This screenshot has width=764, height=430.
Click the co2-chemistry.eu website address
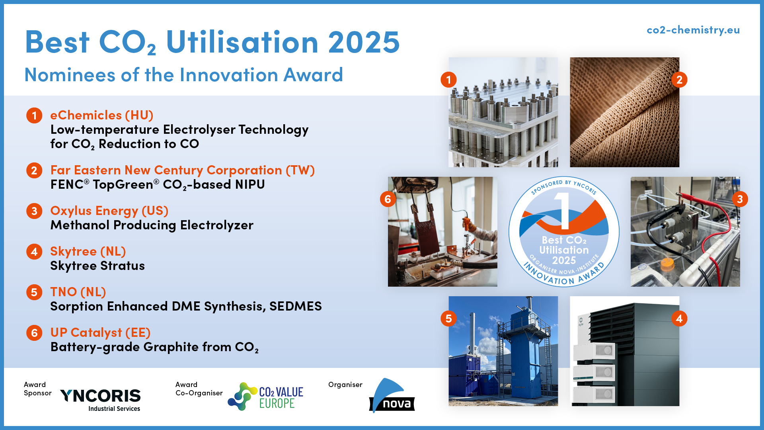pos(693,30)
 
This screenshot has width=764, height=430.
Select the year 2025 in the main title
pos(364,42)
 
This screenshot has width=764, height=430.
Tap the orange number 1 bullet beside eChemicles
pos(34,115)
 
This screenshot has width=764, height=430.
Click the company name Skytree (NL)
pos(88,251)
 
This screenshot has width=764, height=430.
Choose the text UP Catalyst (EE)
pos(100,332)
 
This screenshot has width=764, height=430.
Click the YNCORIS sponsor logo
pos(100,400)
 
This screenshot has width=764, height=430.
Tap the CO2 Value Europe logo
pos(265,396)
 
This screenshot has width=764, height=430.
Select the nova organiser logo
pos(392,395)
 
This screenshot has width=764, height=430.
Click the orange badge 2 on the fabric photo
pos(679,80)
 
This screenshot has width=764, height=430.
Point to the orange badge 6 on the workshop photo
pos(388,199)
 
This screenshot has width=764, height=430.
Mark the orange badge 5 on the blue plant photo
pos(448,319)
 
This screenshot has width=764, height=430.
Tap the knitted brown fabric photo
pos(625,112)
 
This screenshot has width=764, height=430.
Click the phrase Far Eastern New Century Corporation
pos(166,170)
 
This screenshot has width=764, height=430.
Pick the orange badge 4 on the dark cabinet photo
pos(679,319)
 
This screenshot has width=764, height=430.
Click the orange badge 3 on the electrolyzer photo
pos(740,199)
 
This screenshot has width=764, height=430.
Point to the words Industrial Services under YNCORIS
pos(114,408)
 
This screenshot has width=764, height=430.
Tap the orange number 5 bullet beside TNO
pos(34,292)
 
